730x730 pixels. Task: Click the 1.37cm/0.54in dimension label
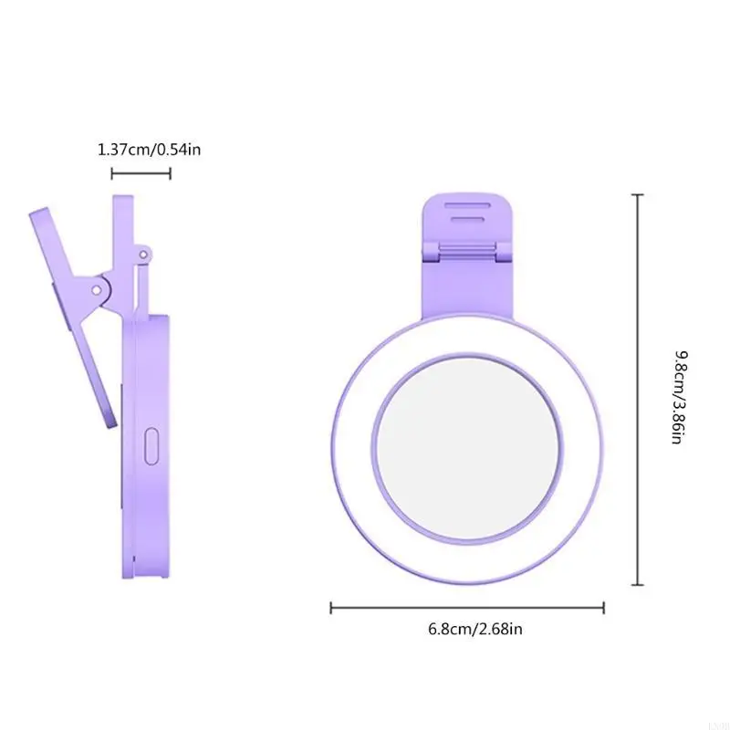[x=149, y=148]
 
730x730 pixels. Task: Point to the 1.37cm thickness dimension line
[x=141, y=173]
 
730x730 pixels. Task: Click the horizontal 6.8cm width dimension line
[x=466, y=607]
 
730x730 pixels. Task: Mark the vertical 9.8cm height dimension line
[x=637, y=390]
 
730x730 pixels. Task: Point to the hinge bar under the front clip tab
[x=467, y=249]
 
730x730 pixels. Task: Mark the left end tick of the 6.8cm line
[x=331, y=607]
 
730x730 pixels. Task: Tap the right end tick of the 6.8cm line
[x=603, y=607]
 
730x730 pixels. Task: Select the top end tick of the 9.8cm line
[x=637, y=195]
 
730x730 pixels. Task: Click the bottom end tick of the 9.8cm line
[x=637, y=584]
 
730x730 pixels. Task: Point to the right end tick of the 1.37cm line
[x=170, y=173]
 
